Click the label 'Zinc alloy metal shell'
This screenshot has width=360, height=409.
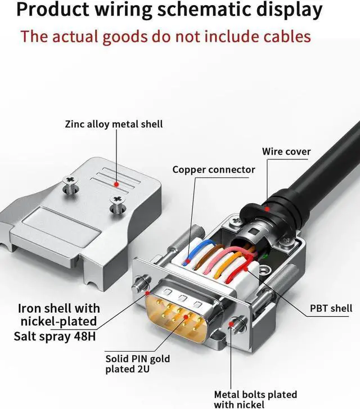click(114, 124)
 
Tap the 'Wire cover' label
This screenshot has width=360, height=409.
click(286, 151)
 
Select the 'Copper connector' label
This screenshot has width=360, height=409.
click(214, 169)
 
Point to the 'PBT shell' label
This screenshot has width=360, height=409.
click(331, 308)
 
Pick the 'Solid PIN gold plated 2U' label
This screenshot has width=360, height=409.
click(137, 364)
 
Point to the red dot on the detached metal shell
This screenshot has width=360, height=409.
click(116, 183)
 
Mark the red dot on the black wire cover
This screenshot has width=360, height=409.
click(269, 209)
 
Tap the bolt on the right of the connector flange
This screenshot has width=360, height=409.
click(237, 325)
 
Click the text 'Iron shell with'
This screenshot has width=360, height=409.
click(59, 308)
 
